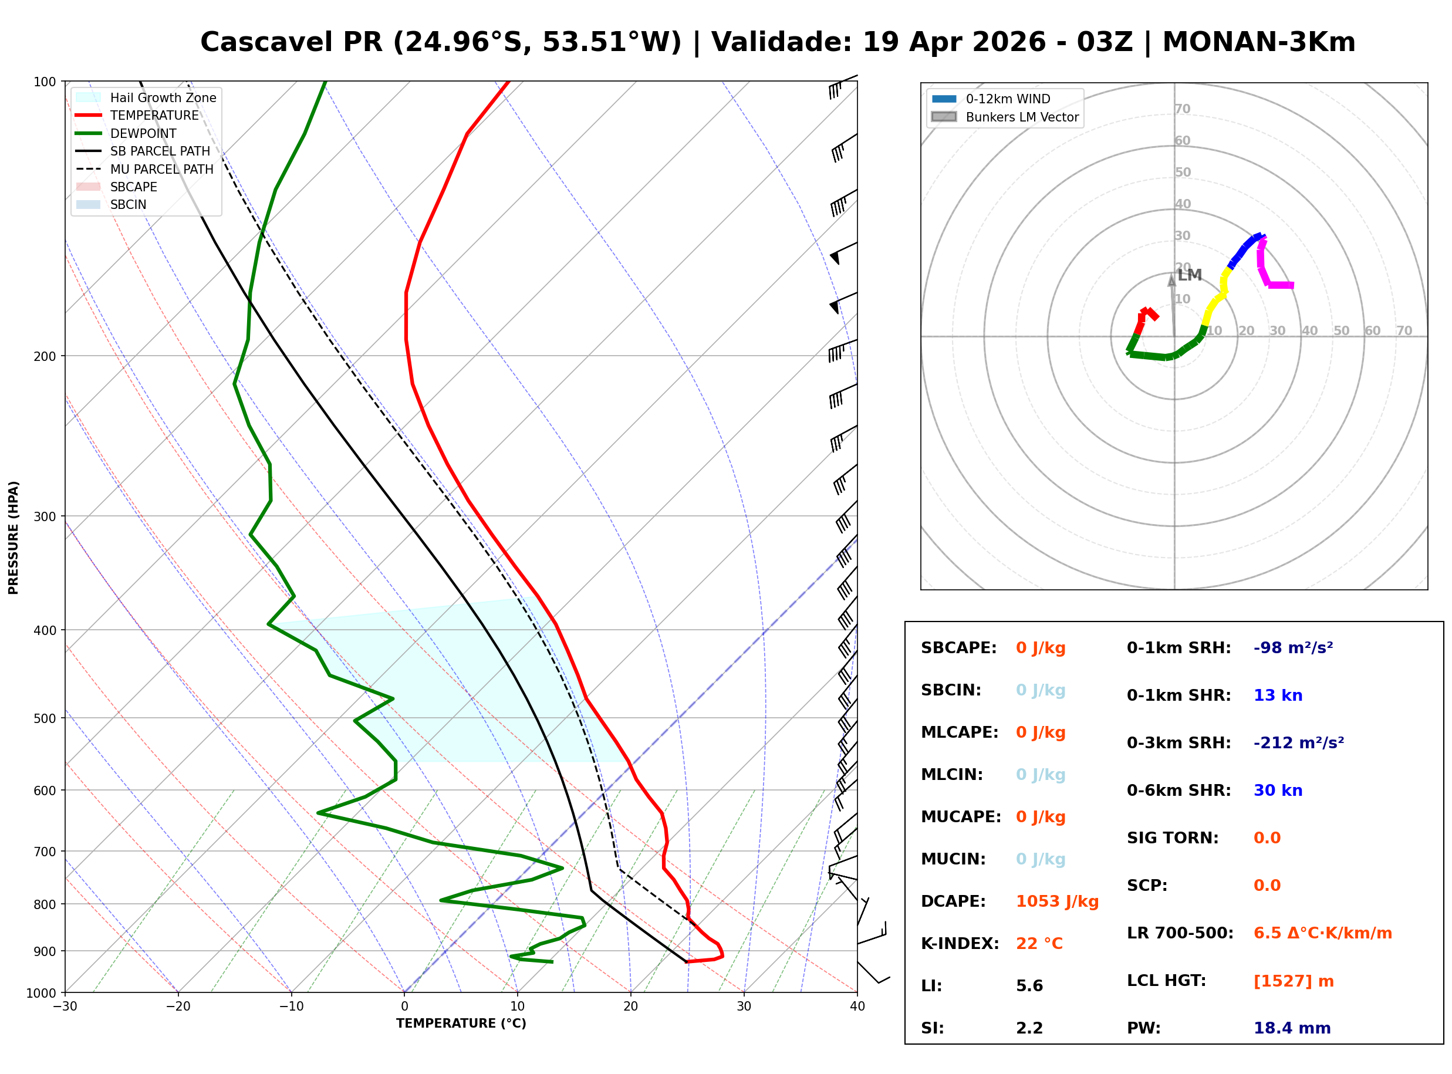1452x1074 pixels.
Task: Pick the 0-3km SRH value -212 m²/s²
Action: pyautogui.click(x=1299, y=743)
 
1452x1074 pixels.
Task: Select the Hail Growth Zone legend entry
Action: pyautogui.click(x=163, y=97)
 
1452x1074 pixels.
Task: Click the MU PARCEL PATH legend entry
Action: pyautogui.click(x=161, y=169)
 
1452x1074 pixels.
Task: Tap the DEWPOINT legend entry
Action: pyautogui.click(x=143, y=133)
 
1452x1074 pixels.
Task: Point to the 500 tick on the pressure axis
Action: pyautogui.click(x=45, y=718)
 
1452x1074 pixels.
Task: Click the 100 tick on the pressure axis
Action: pyautogui.click(x=45, y=82)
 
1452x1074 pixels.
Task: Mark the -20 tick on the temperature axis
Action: pyautogui.click(x=178, y=1007)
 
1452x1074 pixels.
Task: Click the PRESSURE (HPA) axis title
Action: pyautogui.click(x=13, y=538)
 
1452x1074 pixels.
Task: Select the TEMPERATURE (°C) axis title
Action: pyautogui.click(x=461, y=1024)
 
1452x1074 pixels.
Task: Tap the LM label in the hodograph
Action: pyautogui.click(x=1190, y=275)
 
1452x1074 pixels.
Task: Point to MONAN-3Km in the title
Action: pyautogui.click(x=1258, y=42)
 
